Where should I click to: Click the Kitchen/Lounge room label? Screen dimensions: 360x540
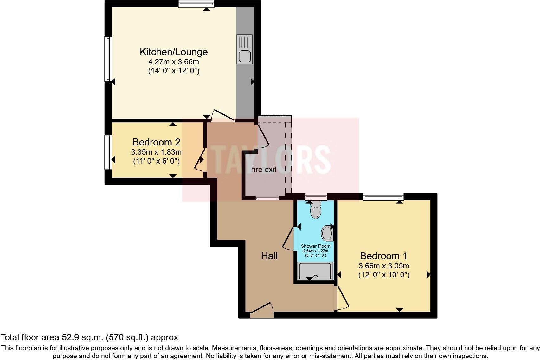(174, 52)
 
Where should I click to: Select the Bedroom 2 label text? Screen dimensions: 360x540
(156, 142)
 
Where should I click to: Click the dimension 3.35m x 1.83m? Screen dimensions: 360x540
(156, 152)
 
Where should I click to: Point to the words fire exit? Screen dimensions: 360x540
(264, 170)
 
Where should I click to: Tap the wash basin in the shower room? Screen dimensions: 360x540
(327, 234)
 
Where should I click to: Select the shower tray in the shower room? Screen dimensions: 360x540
(315, 271)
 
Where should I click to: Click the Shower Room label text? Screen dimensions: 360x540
(315, 246)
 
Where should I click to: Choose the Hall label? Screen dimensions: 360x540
(269, 256)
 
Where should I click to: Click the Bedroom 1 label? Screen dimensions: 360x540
(383, 256)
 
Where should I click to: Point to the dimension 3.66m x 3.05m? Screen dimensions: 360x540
(383, 266)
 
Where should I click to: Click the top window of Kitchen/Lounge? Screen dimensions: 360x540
(196, 4)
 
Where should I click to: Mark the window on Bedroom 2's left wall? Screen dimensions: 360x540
(108, 152)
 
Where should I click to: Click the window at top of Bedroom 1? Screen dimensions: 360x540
(383, 196)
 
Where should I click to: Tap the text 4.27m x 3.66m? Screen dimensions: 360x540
(174, 62)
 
